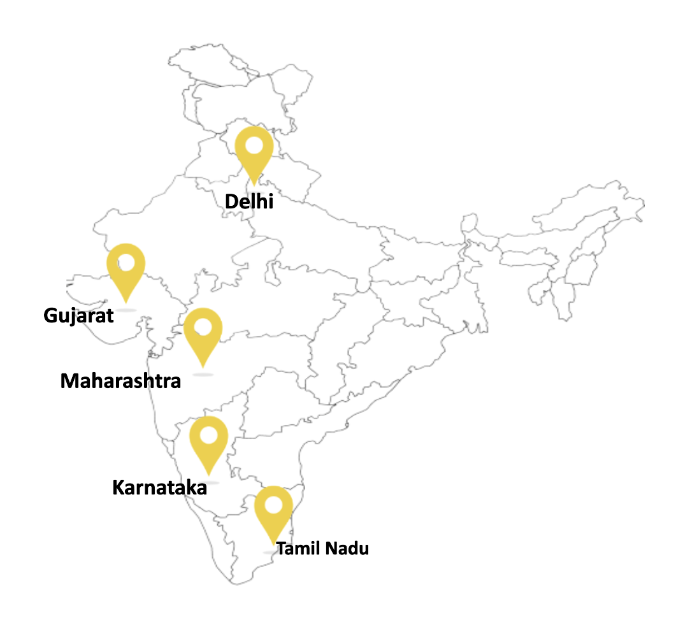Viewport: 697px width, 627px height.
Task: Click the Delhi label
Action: click(x=249, y=202)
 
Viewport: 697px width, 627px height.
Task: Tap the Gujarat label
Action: click(x=78, y=315)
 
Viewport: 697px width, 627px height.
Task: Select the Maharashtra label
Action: click(x=120, y=381)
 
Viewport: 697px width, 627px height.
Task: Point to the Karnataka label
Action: click(x=159, y=488)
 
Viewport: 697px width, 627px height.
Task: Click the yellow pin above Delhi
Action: click(x=254, y=153)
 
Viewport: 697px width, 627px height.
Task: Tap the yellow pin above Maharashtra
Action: click(x=203, y=334)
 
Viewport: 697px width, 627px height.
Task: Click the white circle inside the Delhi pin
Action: click(x=254, y=145)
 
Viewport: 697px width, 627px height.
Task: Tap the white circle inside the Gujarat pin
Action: click(x=126, y=262)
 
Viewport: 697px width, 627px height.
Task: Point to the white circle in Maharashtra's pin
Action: click(x=203, y=327)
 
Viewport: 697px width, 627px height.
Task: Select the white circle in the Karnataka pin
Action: click(x=208, y=435)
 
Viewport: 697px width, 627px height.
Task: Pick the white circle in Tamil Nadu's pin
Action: click(x=273, y=505)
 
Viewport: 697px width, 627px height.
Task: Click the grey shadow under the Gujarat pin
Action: click(x=126, y=310)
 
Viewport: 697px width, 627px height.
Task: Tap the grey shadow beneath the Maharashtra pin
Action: click(x=203, y=375)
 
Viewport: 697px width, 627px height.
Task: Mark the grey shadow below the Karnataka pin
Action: click(x=208, y=482)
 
